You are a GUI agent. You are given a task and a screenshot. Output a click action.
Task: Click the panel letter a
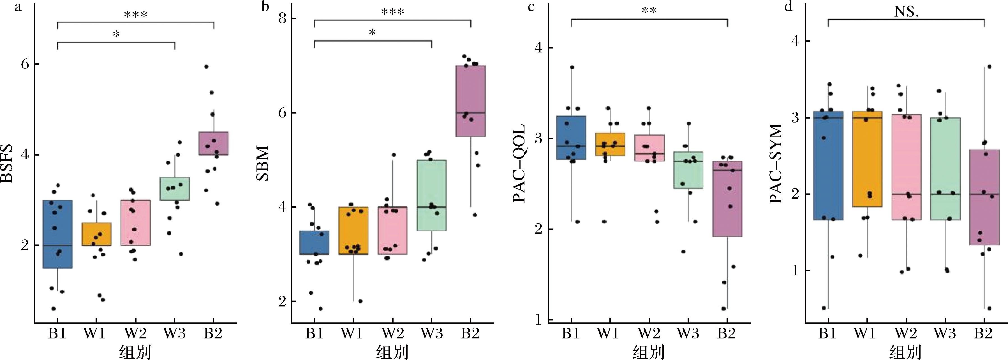[17, 8]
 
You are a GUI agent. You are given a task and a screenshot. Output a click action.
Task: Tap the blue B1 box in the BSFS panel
[57, 234]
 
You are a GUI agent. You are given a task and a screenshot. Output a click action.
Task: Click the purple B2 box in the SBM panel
[470, 101]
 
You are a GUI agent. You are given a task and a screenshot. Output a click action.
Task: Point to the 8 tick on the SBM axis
[281, 19]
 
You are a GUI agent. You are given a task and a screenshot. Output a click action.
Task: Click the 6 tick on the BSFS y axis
[25, 64]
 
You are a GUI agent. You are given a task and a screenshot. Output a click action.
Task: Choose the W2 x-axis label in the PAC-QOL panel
[649, 333]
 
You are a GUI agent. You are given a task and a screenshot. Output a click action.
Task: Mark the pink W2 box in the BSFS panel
[135, 223]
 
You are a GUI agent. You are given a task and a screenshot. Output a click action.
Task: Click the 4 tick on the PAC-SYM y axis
[795, 41]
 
